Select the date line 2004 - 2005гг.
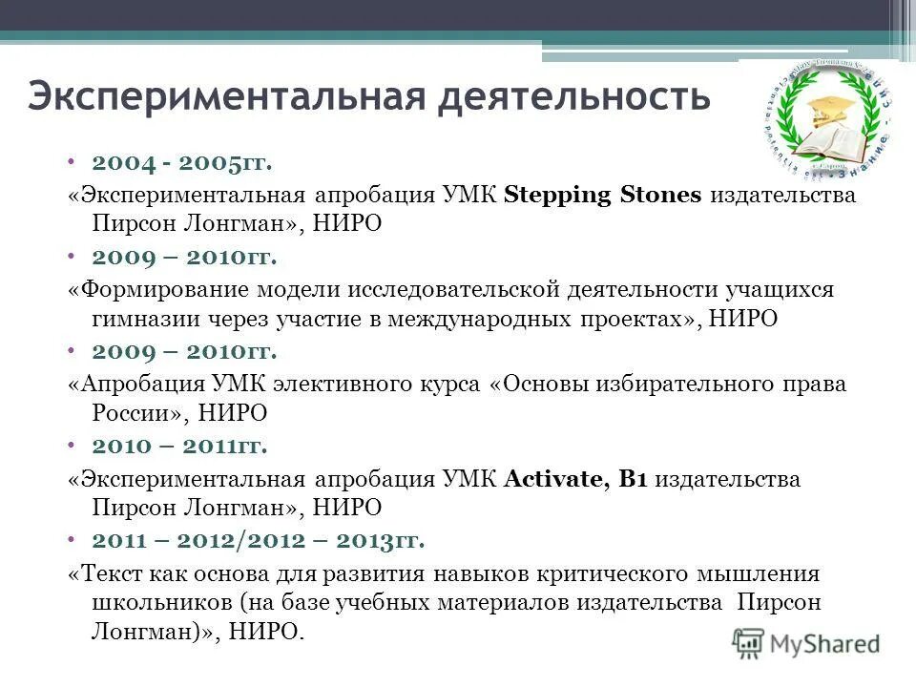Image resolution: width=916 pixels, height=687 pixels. click(182, 164)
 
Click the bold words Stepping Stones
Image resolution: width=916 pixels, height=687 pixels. click(602, 196)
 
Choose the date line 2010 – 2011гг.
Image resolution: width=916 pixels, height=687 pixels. click(179, 446)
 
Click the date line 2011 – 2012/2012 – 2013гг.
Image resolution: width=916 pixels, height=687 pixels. click(258, 540)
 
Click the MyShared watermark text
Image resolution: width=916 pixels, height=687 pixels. click(825, 642)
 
